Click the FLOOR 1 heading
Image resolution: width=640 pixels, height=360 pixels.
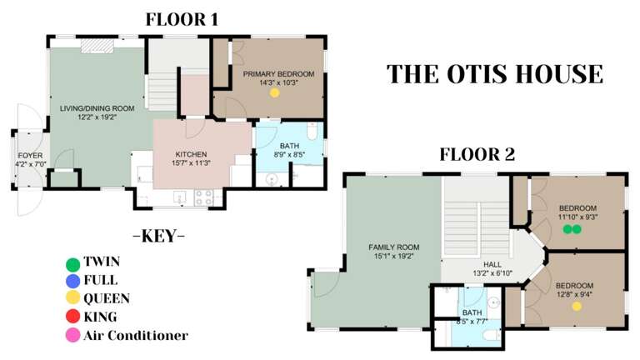182,19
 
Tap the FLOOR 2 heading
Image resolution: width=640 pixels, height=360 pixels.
477,154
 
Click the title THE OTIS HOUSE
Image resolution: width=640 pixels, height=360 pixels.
494,73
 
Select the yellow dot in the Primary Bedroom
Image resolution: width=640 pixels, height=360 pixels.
274,93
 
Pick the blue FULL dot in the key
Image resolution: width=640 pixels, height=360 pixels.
73,281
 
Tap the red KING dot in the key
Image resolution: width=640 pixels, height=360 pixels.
73,317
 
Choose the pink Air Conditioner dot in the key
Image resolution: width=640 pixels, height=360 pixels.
73,336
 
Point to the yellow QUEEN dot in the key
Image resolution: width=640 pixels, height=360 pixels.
73,298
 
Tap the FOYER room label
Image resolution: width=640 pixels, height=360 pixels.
30,156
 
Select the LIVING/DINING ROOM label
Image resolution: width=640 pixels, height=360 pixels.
97,108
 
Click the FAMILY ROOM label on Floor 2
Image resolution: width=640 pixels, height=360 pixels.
394,247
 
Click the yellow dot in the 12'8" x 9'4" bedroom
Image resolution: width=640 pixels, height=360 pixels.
576,307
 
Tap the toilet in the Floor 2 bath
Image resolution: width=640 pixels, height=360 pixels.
493,335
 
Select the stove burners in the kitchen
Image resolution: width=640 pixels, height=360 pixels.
203,197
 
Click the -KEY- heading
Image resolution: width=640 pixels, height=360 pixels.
158,236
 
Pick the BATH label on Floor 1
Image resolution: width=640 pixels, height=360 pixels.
289,146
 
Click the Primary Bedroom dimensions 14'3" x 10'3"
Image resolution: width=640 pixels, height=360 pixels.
278,82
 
